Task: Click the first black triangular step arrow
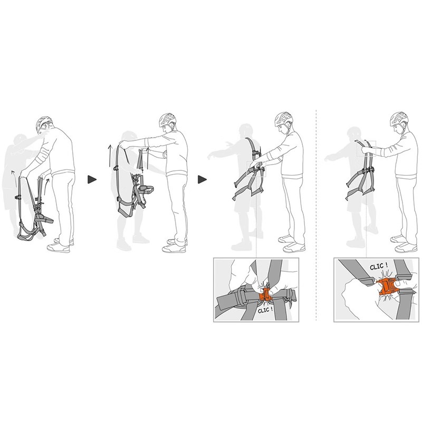91,179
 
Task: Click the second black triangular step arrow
202,179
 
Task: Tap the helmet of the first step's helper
44,124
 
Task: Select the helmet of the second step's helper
167,120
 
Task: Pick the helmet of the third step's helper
283,119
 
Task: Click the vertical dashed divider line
316,215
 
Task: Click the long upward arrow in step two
110,156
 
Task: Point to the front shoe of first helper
59,247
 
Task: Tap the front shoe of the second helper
174,248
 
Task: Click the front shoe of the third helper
294,247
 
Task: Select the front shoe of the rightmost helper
406,247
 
